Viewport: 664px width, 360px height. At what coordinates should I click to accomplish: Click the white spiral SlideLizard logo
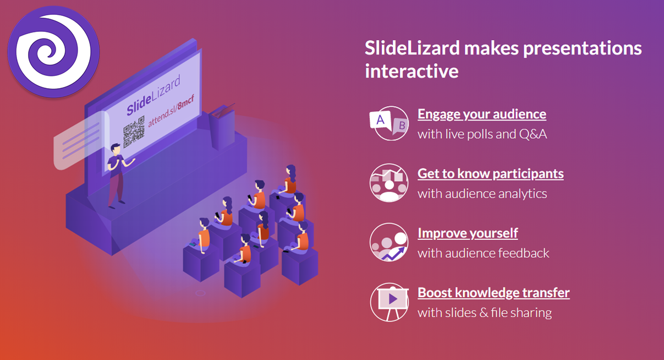(x=53, y=52)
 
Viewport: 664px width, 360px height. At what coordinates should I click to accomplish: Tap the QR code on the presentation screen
(x=134, y=132)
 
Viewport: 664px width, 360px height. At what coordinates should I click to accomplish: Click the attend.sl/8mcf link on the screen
(x=171, y=111)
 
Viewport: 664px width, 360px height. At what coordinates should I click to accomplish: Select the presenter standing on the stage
(x=118, y=176)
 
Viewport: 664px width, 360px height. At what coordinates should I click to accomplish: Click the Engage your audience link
(x=482, y=114)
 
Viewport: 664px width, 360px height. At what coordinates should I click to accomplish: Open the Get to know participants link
(x=491, y=174)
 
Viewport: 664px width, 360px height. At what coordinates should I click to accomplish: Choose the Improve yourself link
(x=468, y=233)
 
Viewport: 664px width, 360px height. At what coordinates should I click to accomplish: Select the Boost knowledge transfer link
(x=493, y=293)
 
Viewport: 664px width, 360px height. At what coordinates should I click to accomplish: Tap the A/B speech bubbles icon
(x=389, y=123)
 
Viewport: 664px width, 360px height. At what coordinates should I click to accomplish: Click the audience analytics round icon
(x=389, y=183)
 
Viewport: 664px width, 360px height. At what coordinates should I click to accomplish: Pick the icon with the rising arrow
(x=389, y=242)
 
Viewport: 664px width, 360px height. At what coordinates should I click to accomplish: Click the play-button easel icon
(x=389, y=302)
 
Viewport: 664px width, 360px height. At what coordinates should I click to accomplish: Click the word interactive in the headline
(x=411, y=71)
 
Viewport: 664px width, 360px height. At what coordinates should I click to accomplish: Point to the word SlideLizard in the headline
(x=412, y=48)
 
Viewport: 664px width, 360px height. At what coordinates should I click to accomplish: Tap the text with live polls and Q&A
(x=482, y=134)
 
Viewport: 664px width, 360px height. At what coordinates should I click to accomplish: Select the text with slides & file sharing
(x=485, y=313)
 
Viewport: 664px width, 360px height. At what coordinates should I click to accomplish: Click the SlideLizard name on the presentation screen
(x=153, y=95)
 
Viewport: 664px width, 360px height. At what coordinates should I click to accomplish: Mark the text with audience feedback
(x=483, y=253)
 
